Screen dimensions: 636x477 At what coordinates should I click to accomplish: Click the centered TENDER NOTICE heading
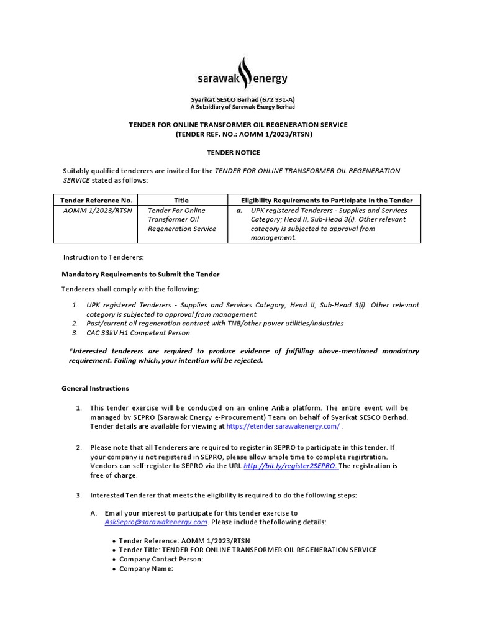[x=234, y=152]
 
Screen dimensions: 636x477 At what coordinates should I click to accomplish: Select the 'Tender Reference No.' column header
[x=96, y=200]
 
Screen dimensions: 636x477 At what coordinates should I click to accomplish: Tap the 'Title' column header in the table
[x=181, y=200]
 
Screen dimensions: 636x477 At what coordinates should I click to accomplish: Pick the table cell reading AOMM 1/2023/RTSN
[x=98, y=211]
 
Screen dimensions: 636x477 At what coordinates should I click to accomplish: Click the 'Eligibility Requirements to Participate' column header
[x=327, y=200]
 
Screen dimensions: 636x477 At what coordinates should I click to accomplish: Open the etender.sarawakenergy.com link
[x=283, y=426]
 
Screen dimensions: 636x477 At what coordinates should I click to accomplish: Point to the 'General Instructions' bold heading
[x=95, y=388]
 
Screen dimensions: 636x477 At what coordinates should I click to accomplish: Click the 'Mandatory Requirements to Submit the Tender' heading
[x=140, y=275]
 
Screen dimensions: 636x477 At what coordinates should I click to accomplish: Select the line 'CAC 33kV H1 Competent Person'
[x=138, y=333]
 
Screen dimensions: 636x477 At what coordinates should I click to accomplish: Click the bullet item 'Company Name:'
[x=146, y=568]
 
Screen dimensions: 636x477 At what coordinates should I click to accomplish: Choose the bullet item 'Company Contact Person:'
[x=161, y=559]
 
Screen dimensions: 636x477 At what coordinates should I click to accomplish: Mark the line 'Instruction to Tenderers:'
[x=103, y=257]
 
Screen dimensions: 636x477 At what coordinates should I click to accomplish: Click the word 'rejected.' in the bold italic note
[x=248, y=361]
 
